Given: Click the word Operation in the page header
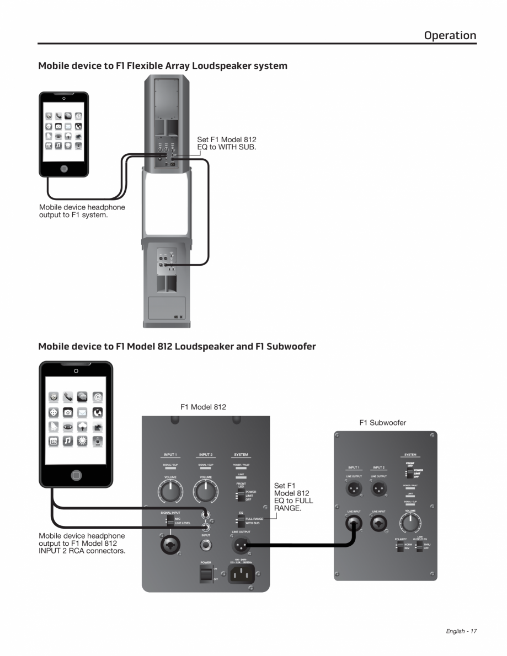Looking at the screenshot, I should pos(450,35).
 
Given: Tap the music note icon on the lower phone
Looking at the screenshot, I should pos(68,441).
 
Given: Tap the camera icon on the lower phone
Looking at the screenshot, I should pos(68,412).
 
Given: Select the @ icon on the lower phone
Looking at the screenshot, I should pos(98,397).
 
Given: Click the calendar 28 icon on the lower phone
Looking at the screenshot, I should pos(54,441).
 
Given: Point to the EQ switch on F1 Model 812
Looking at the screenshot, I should pos(241,521).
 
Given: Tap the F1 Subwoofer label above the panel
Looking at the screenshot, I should pos(382,423).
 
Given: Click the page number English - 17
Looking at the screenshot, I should pos(461,631).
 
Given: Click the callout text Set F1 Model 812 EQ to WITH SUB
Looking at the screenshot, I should pos(227,144).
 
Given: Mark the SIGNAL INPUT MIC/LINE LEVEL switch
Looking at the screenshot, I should pos(170,521).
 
